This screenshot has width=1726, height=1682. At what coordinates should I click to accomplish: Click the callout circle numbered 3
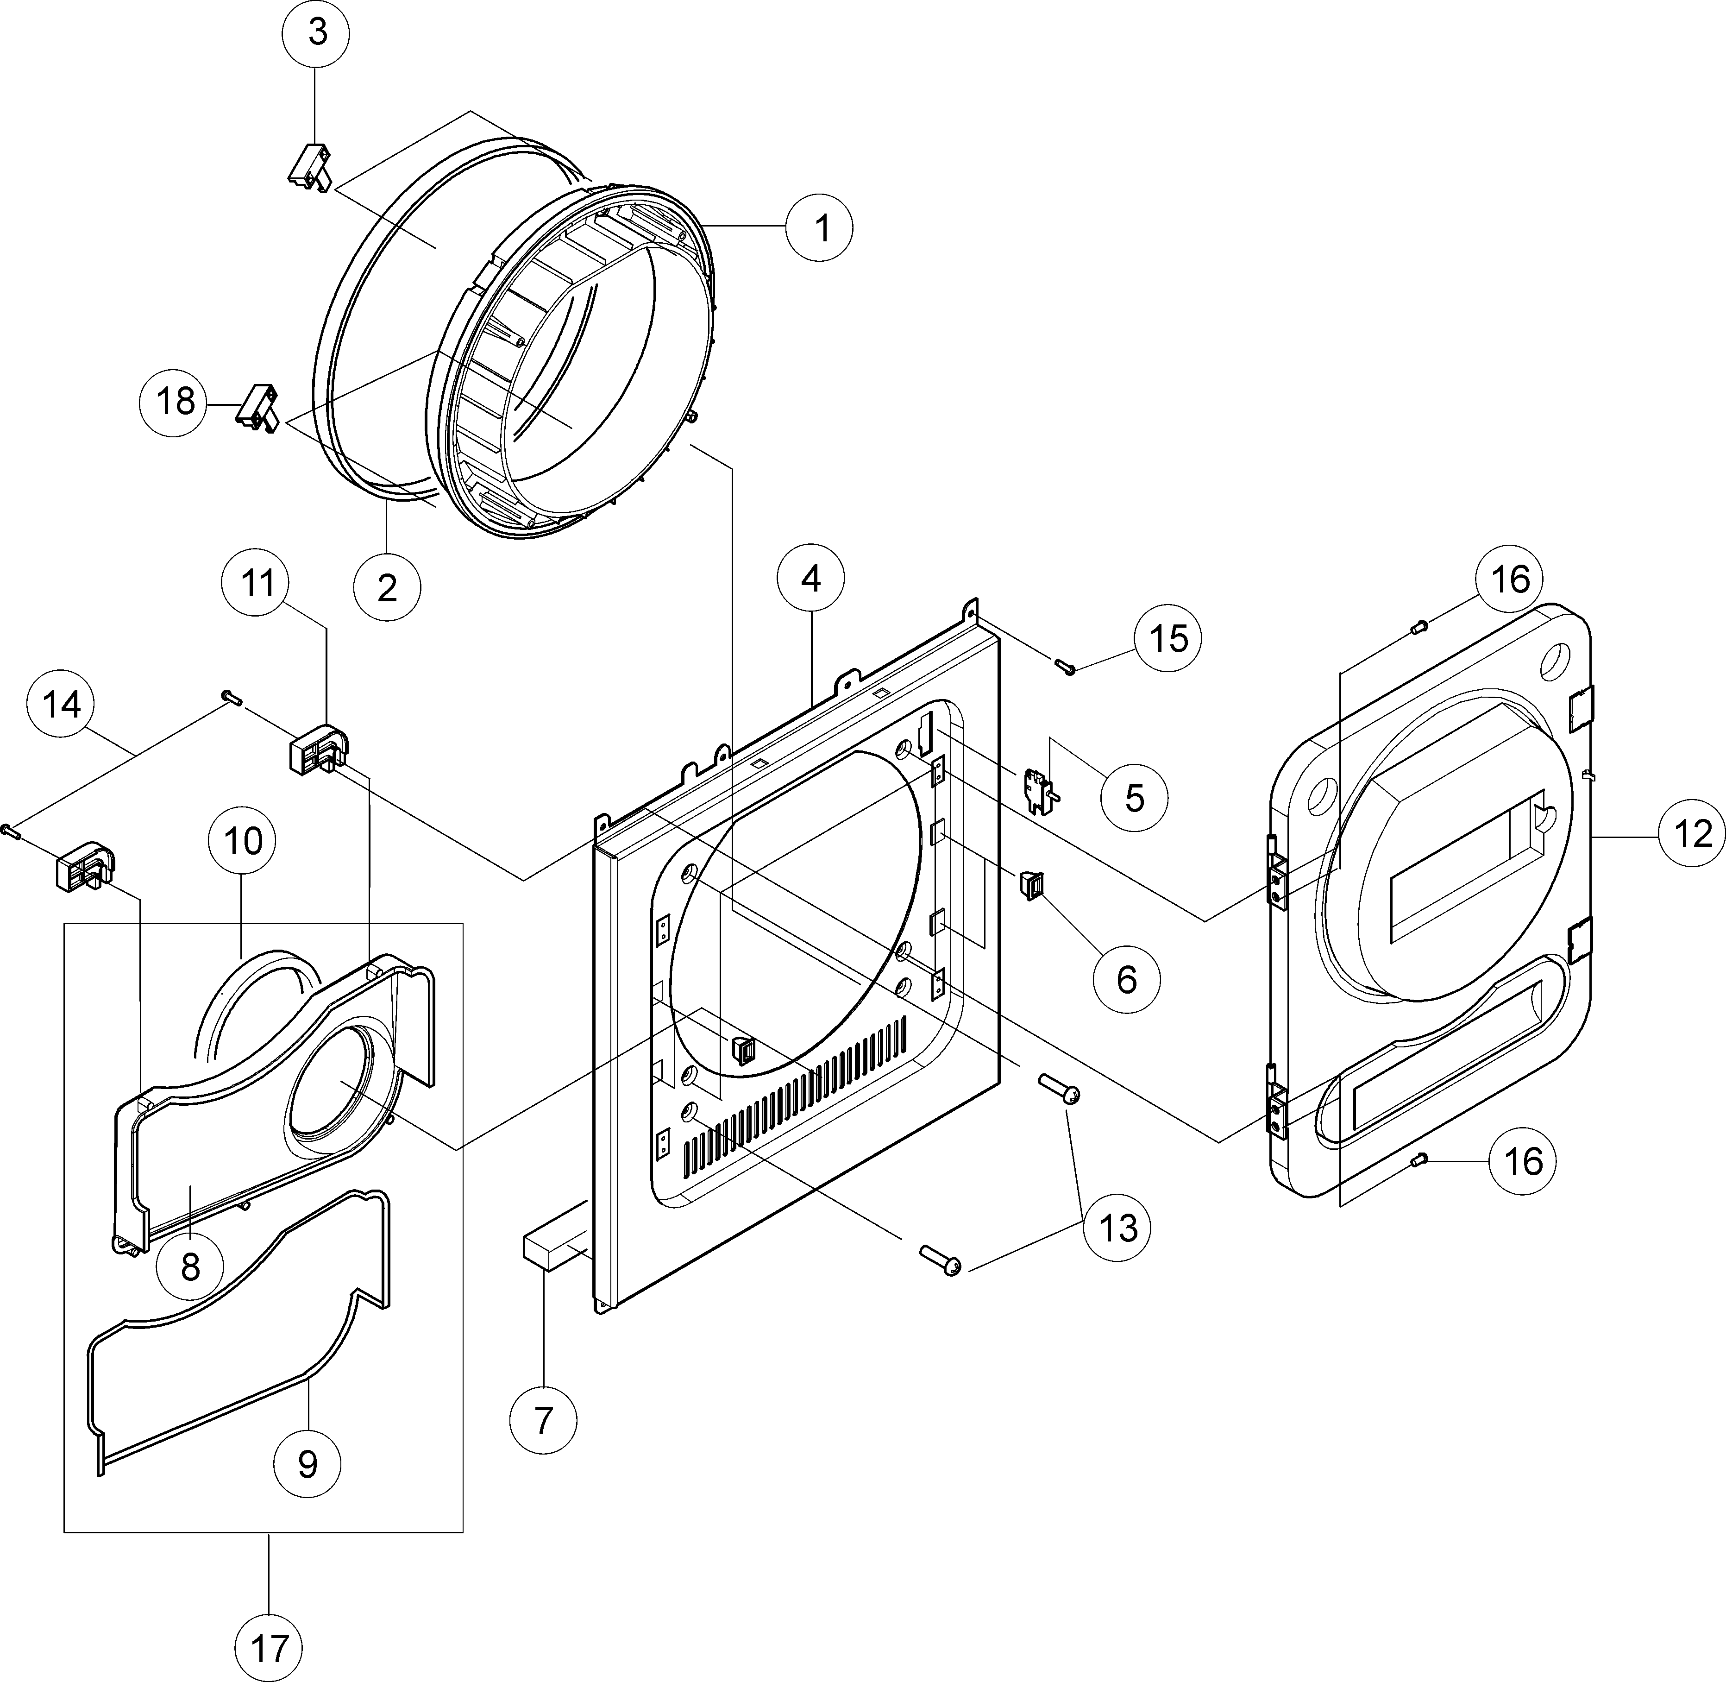point(316,33)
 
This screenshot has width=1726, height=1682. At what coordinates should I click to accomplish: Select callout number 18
point(175,402)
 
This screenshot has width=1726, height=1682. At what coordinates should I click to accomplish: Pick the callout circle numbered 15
point(1168,638)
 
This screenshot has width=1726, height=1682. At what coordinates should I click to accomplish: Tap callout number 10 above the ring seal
point(242,840)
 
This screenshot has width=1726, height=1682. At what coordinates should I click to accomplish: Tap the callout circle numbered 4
point(810,579)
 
